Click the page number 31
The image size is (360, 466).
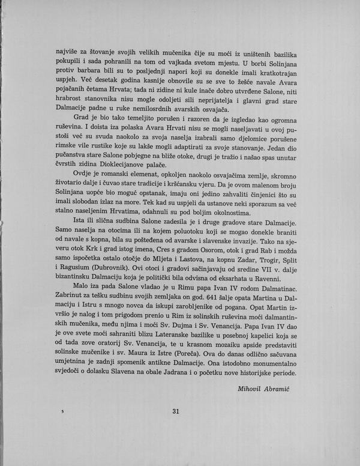click(x=176, y=411)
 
